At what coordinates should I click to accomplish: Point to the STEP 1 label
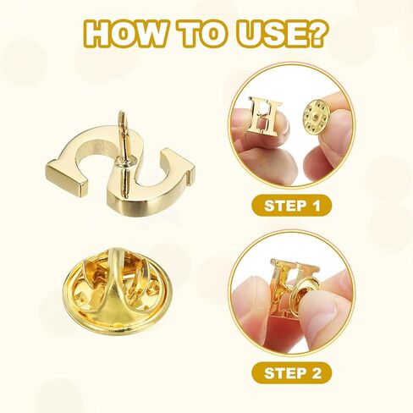tap(291, 206)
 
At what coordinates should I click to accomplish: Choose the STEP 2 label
tap(291, 373)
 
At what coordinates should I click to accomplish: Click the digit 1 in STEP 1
tap(316, 206)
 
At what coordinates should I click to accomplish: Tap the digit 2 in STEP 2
tap(316, 373)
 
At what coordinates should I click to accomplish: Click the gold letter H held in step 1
tap(264, 116)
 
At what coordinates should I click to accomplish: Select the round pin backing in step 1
tap(316, 115)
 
